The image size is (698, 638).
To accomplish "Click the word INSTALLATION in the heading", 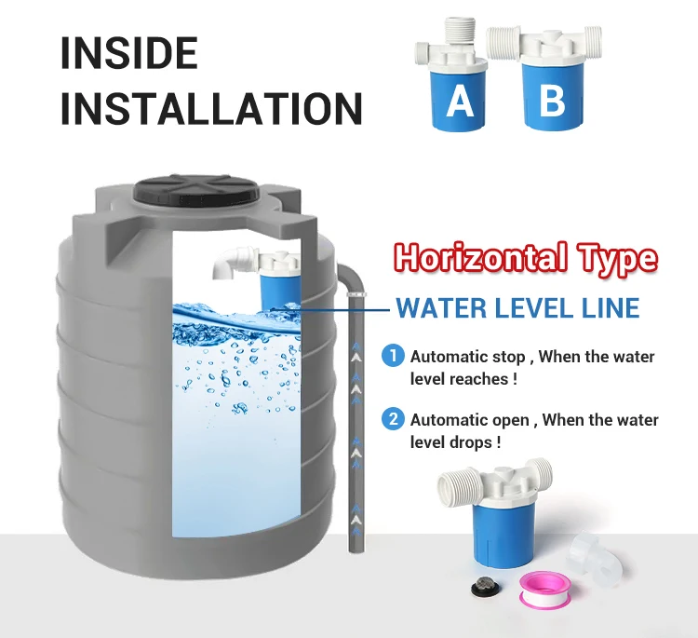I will click(211, 108).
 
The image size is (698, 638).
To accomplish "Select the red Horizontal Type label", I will click(526, 258).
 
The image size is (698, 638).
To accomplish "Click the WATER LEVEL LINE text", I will click(518, 307).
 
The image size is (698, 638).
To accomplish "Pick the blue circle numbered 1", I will click(393, 356).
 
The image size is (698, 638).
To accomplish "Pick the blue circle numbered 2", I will click(393, 419).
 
